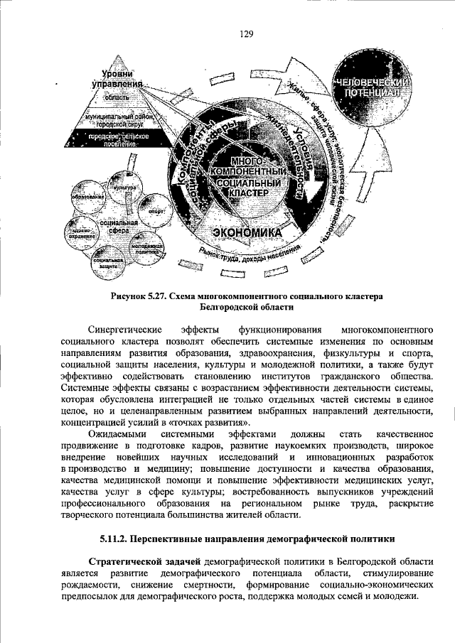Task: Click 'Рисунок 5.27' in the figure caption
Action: tap(139, 296)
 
